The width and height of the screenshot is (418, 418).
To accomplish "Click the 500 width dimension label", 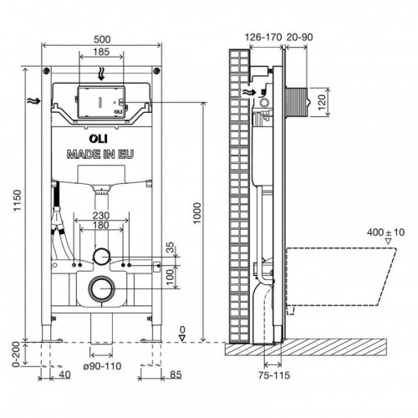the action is tap(102, 39).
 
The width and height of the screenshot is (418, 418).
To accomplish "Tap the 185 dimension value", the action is tap(101, 52).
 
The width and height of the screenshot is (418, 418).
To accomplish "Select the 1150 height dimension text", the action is tap(18, 201).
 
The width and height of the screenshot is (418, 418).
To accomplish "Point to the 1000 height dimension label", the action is tap(197, 213).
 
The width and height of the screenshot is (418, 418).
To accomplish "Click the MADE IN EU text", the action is tap(100, 155).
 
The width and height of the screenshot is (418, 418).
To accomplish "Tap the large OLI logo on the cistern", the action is tap(99, 139).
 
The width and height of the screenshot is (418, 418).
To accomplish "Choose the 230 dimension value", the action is tap(101, 216).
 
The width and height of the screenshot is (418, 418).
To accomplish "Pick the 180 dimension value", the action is tap(101, 225).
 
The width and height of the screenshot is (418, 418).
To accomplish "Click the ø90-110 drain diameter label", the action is tap(103, 366).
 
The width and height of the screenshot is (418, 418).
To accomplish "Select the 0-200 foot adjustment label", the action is tap(17, 354).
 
